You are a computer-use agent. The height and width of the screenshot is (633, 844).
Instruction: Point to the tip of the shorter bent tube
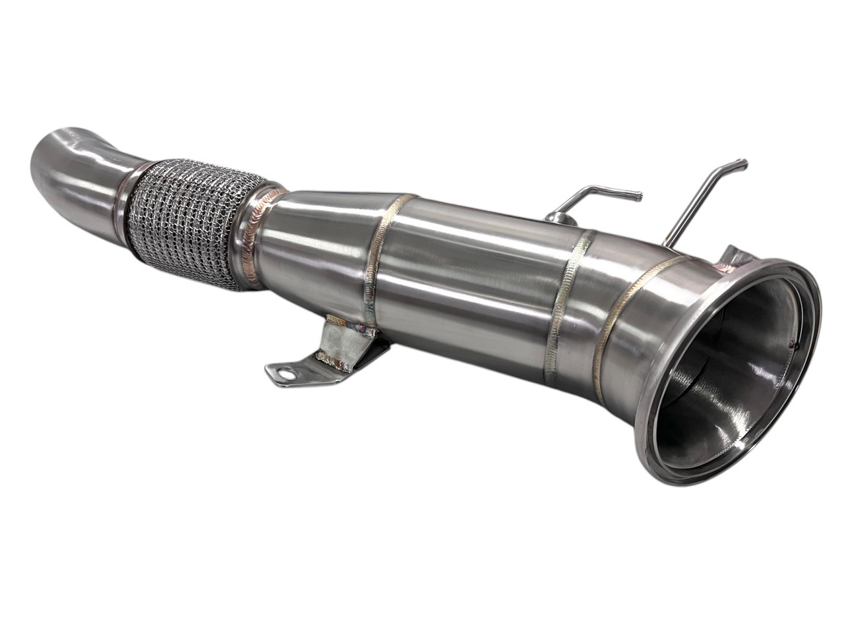pos(638,195)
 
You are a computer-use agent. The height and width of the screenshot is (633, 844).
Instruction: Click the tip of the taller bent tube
pos(743,162)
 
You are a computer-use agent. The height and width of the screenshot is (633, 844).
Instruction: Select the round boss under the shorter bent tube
pos(552,220)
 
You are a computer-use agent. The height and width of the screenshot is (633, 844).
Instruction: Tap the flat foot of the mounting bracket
pos(297,369)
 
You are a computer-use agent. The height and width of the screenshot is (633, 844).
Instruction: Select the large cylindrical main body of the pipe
pos(475,277)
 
